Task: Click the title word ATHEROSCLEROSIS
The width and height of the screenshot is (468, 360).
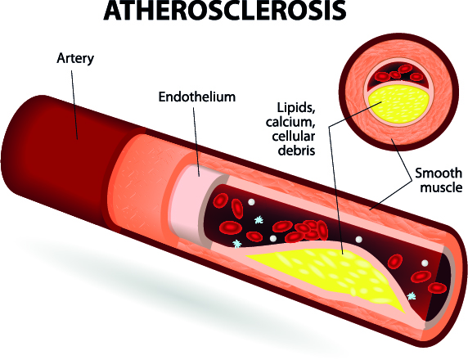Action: [224, 11]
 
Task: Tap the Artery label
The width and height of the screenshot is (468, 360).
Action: [75, 58]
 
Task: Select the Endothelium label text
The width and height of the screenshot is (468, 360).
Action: [197, 97]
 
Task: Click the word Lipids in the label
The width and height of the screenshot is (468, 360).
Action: [296, 108]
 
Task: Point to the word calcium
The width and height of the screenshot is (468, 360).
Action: [290, 122]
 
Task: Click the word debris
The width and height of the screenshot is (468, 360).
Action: [296, 150]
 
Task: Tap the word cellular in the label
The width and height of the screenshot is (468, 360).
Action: [294, 136]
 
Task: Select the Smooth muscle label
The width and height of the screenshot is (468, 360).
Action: [439, 180]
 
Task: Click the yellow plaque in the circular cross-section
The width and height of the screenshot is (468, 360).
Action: [400, 105]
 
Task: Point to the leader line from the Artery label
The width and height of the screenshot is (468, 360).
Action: [74, 105]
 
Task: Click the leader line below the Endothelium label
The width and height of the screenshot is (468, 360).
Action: [196, 142]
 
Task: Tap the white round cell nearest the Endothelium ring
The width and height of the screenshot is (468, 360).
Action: [251, 202]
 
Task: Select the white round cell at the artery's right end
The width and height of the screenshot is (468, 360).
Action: [424, 263]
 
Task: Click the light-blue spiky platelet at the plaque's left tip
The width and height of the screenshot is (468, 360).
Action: [237, 244]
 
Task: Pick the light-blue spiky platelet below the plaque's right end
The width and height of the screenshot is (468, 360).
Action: [412, 295]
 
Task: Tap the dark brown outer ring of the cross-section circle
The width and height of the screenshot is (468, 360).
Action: [398, 35]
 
